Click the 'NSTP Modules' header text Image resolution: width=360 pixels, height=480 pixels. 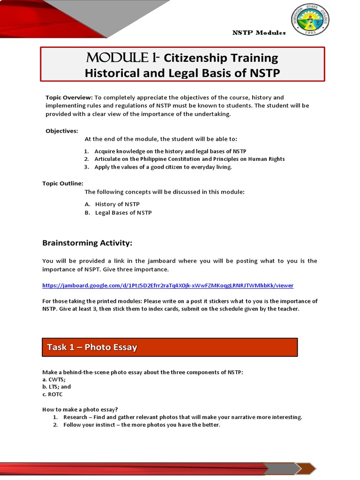pos(259,32)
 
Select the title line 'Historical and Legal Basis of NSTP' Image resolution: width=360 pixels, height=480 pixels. pos(182,73)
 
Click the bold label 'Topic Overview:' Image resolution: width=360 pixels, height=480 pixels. pos(69,97)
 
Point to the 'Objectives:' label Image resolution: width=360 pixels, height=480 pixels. pos(61,131)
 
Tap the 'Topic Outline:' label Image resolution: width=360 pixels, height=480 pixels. pos(63,183)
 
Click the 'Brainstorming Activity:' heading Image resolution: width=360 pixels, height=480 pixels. pos(87,243)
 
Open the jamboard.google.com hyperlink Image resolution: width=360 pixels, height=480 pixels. pos(168,285)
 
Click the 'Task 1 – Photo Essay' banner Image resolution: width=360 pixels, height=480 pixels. pos(170,347)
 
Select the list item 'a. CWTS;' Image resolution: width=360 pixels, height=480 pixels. pos(54,379)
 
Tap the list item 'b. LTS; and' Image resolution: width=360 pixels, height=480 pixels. pos(57,387)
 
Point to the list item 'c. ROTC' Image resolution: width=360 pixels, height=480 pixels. pos(52,394)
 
